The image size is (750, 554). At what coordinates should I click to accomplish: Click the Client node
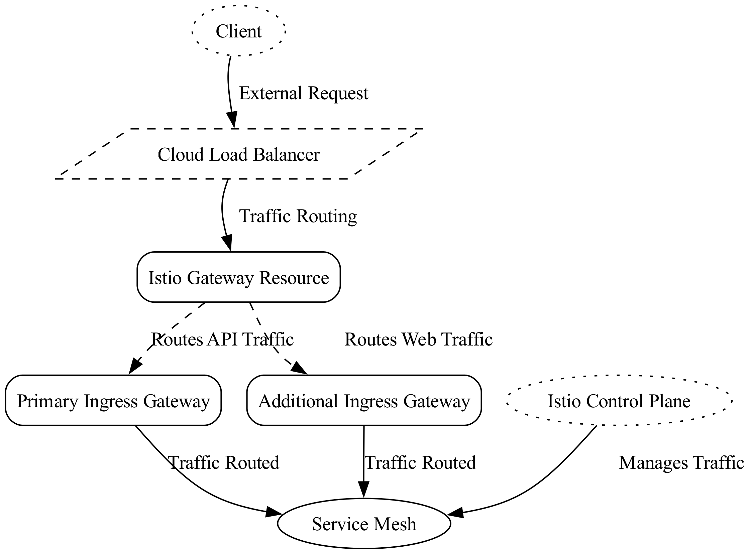(239, 31)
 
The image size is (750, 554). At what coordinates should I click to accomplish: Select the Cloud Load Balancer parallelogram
(239, 155)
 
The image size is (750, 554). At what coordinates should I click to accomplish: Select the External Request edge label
(303, 93)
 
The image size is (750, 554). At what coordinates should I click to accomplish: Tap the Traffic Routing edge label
(298, 216)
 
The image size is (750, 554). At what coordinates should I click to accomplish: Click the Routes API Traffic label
(222, 339)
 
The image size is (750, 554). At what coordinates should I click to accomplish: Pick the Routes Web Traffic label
(418, 339)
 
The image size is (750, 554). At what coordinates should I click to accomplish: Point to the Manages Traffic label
(681, 463)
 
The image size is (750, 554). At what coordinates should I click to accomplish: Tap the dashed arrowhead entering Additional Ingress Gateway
(299, 368)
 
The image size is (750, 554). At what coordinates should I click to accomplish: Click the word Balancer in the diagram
(286, 155)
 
